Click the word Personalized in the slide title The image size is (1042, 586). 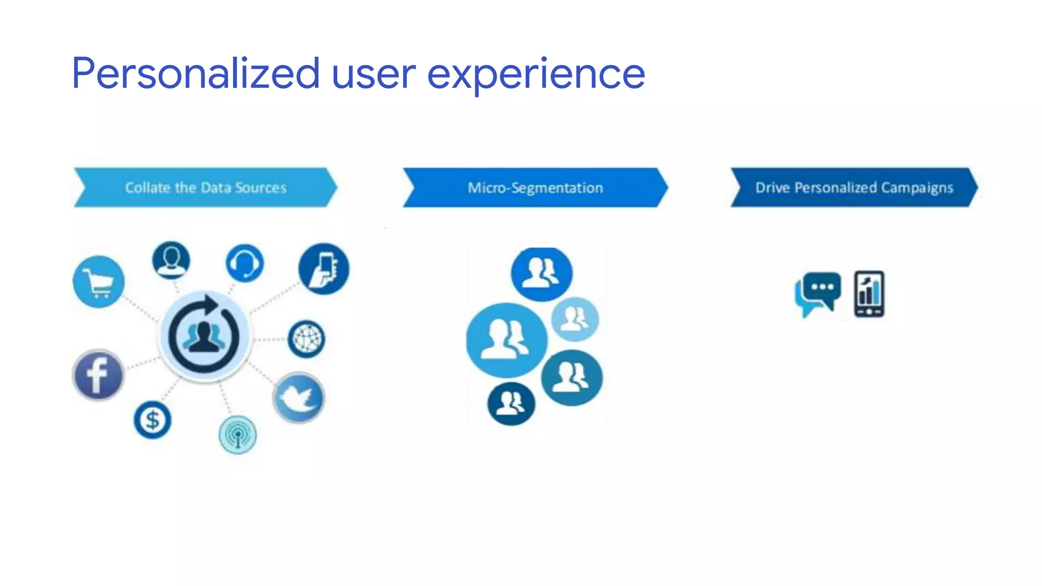[196, 74]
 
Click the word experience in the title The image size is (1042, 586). [536, 74]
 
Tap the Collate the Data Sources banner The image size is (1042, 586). [206, 188]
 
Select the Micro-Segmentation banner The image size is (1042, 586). [535, 188]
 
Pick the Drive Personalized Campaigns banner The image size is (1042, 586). [854, 188]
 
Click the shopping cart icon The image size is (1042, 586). [99, 281]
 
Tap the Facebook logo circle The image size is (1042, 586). [98, 375]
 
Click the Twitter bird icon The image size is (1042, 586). [299, 398]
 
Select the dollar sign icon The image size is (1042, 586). [153, 420]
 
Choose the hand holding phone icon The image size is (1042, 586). [324, 269]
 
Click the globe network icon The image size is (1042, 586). [306, 339]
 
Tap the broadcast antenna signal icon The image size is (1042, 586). [238, 435]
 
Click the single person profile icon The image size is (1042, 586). [171, 260]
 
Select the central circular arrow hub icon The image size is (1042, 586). [204, 336]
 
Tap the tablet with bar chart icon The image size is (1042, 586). [869, 294]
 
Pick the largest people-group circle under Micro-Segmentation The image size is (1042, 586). [506, 340]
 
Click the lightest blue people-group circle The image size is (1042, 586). [575, 319]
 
